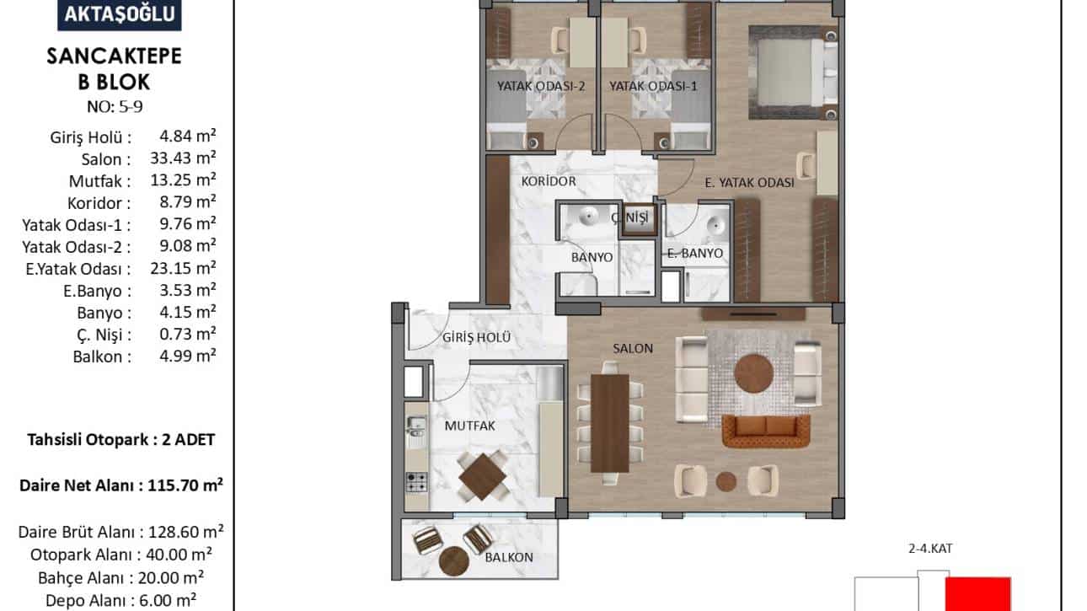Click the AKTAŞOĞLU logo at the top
[120, 14]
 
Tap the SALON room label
[633, 348]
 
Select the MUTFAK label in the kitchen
[469, 426]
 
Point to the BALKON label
[509, 557]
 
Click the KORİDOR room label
[549, 181]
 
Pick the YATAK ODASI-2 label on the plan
[541, 87]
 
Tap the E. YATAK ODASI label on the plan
[749, 183]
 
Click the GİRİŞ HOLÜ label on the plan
[477, 337]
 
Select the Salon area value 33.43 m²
[183, 158]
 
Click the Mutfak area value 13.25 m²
[183, 180]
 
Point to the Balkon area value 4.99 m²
[187, 356]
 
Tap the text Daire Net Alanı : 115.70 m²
[121, 485]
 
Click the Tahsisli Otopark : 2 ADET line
[121, 440]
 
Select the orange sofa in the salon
[766, 431]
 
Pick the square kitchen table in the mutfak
[482, 476]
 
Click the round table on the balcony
[453, 561]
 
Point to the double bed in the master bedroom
[793, 72]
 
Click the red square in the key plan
[977, 594]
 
